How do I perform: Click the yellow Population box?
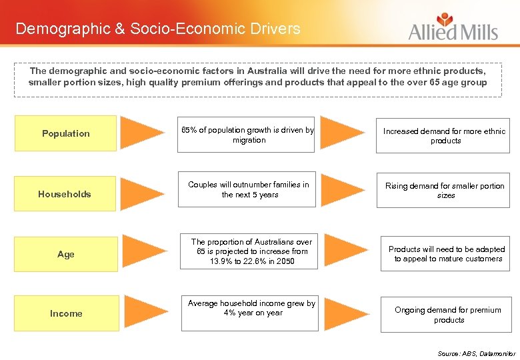point(65,133)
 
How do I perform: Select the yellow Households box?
point(65,194)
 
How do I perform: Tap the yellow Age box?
point(66,254)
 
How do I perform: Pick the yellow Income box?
point(66,313)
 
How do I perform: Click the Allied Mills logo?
point(453,28)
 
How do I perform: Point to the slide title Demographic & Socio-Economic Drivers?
point(158,29)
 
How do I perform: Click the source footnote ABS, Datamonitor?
point(476,353)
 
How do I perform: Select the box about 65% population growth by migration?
point(249,135)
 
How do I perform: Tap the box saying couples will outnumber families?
point(249,189)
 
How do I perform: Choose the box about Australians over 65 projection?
point(251,251)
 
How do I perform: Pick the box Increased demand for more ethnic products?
point(445,135)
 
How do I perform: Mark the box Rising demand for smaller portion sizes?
point(445,190)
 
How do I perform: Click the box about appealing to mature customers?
point(447,254)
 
